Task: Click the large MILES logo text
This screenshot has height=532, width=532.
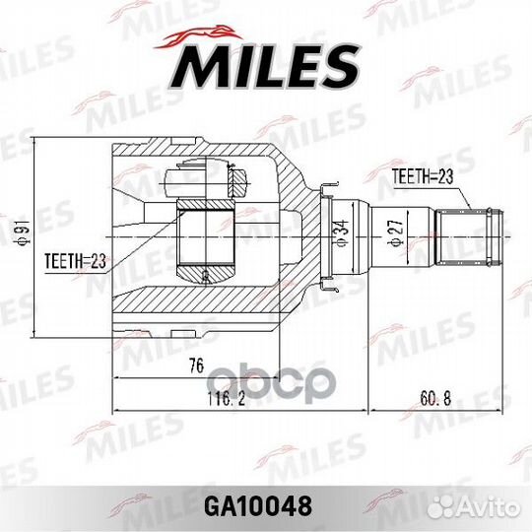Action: click(x=266, y=65)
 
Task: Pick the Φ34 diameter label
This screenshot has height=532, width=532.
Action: click(x=340, y=233)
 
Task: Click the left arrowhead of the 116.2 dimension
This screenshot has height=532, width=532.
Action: click(x=117, y=407)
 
